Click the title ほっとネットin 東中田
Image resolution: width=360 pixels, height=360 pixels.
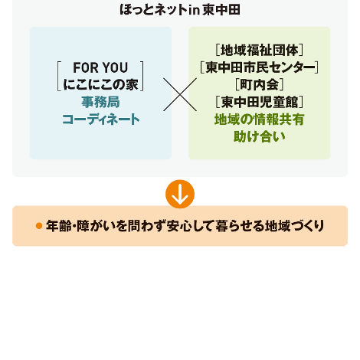(180, 10)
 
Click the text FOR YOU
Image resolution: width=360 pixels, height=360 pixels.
(100, 67)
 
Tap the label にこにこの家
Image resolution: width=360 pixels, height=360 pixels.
(100, 84)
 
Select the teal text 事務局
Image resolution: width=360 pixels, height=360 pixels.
(100, 102)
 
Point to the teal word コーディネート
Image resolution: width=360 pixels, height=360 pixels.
(100, 119)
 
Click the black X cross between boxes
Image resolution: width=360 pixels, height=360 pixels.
(180, 94)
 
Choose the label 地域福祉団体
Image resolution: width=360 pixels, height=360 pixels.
(260, 50)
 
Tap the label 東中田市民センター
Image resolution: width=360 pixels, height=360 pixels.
(259, 67)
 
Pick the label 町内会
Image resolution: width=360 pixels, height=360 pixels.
(260, 84)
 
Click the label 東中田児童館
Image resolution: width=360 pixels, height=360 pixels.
(260, 102)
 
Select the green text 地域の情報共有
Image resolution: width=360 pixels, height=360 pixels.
(260, 119)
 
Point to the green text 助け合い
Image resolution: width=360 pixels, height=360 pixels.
(260, 136)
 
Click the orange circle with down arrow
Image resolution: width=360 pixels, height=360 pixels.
(180, 194)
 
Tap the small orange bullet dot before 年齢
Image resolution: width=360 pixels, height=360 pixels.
(39, 226)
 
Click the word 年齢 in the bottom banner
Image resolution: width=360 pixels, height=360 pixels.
(58, 226)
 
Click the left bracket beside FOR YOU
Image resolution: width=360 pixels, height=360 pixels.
(58, 76)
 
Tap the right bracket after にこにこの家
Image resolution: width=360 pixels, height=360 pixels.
(142, 76)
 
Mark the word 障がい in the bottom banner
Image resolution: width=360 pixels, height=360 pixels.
(96, 226)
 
